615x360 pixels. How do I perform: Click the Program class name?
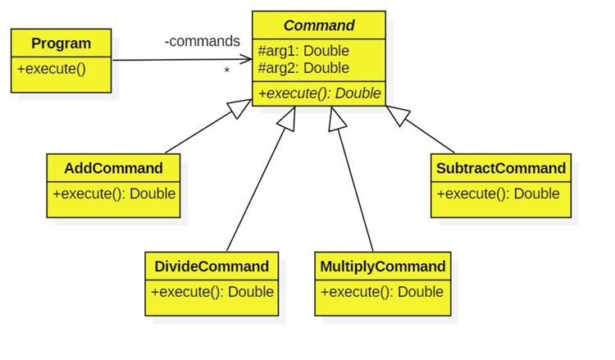(x=61, y=43)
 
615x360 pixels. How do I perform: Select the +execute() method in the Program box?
(x=51, y=68)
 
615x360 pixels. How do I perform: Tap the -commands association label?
(x=203, y=41)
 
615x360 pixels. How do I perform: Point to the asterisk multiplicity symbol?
(x=226, y=72)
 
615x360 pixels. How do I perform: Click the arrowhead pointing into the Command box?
(x=246, y=59)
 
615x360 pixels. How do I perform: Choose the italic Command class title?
(x=319, y=25)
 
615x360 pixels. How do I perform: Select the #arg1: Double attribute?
(x=303, y=51)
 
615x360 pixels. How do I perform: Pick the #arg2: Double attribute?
(x=303, y=68)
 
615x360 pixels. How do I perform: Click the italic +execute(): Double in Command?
(x=319, y=93)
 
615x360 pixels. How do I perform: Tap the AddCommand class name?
(x=113, y=169)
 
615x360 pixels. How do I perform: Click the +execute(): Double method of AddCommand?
(x=113, y=194)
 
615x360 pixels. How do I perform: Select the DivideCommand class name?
(x=212, y=267)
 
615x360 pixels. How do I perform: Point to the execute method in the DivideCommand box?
(x=212, y=292)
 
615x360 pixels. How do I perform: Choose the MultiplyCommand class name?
(x=383, y=267)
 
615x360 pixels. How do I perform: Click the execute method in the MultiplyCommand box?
(x=382, y=292)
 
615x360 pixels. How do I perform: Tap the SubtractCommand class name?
(x=501, y=169)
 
